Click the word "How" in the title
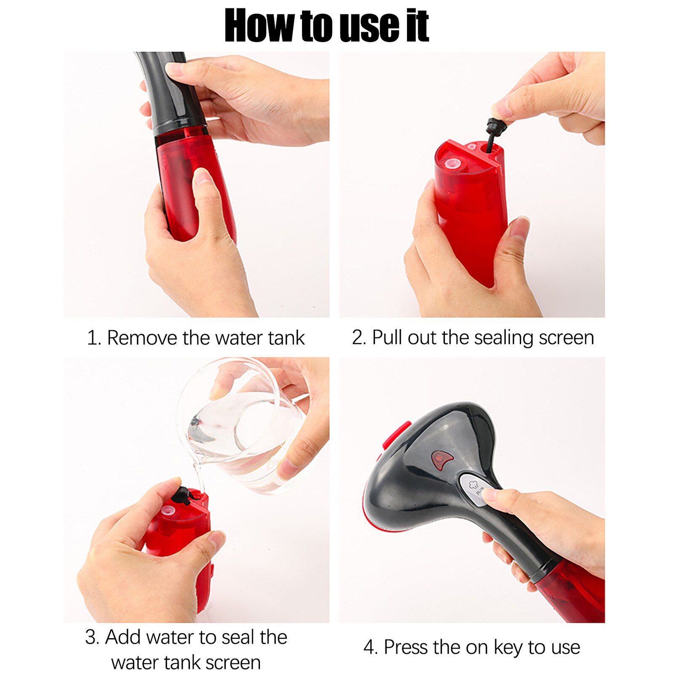(260, 26)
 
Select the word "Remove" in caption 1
(142, 338)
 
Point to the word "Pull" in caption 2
(387, 337)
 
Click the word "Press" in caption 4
(408, 647)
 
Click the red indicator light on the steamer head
(441, 460)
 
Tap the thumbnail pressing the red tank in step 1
(203, 176)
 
